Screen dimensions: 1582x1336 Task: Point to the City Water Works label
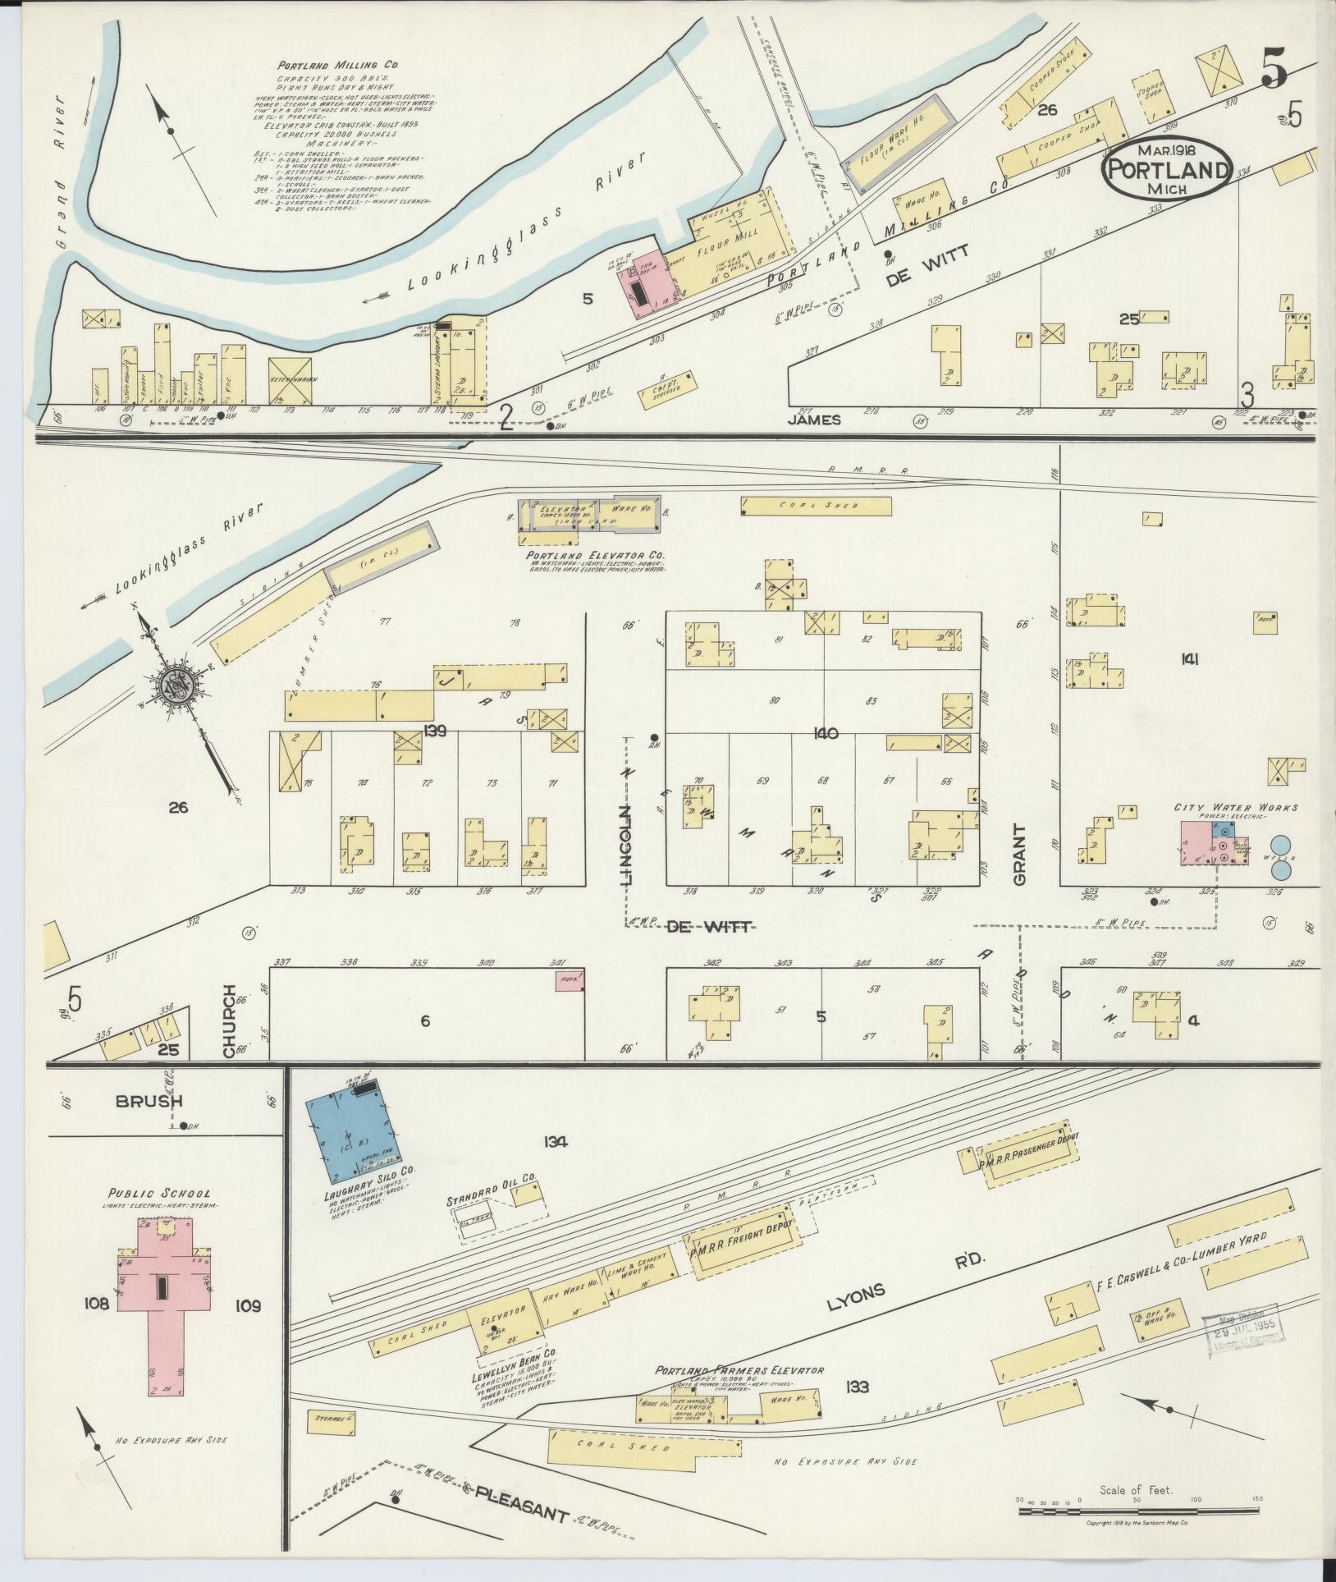click(x=1236, y=808)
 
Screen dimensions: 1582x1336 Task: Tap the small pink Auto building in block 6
click(x=569, y=979)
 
